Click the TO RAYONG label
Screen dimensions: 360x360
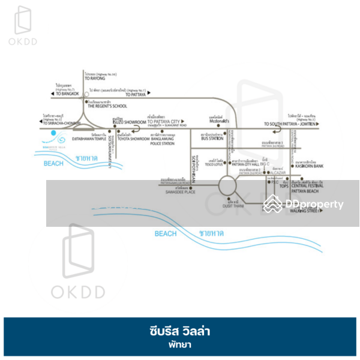click(95, 78)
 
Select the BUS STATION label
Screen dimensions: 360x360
click(213, 139)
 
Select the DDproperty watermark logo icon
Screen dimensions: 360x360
click(274, 205)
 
